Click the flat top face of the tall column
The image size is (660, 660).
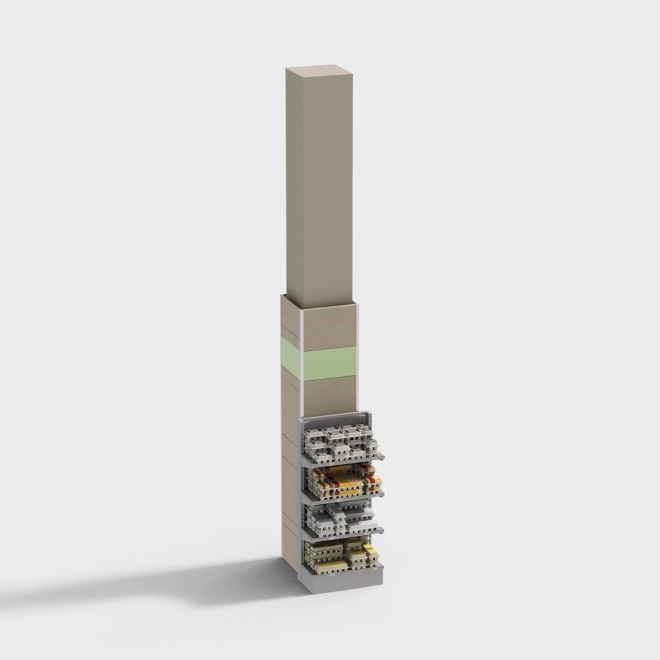click(319, 69)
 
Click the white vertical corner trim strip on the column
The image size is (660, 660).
click(301, 363)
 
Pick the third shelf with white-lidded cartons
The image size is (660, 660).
click(340, 519)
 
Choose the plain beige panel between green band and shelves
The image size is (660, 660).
click(329, 396)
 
